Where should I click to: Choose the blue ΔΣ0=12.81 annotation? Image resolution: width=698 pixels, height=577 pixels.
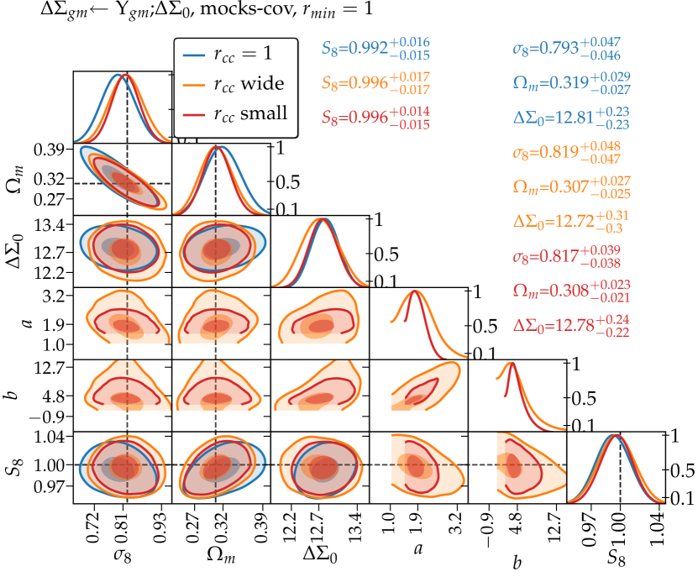click(570, 118)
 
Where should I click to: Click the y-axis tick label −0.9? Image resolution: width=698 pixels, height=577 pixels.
click(50, 417)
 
